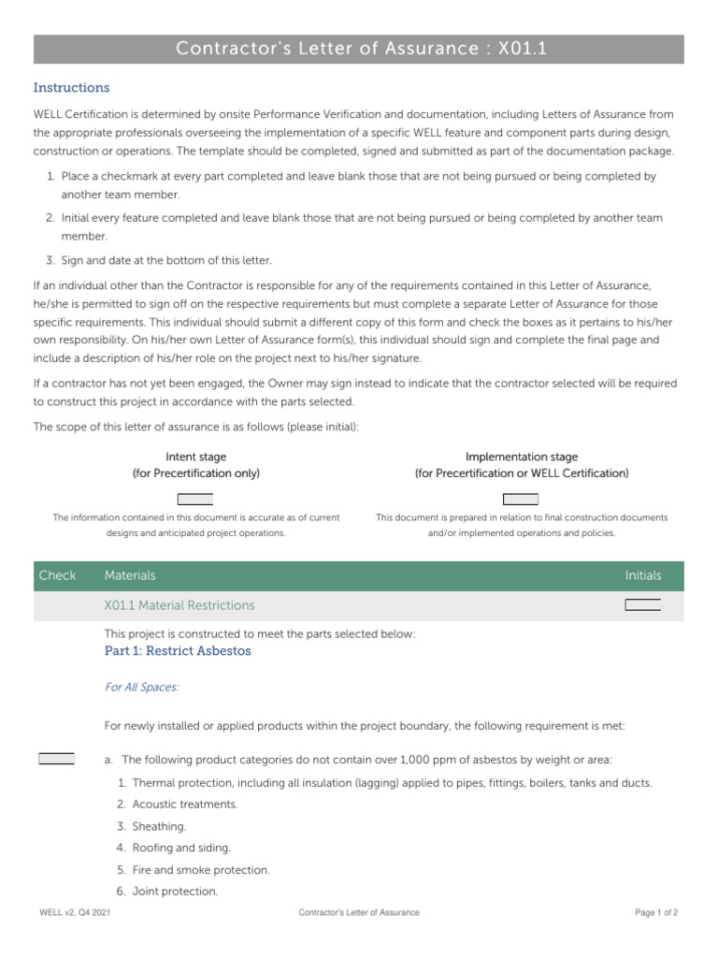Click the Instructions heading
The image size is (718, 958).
pos(71,88)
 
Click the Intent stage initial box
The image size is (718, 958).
pos(195,499)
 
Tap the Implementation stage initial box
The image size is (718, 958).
pos(521,499)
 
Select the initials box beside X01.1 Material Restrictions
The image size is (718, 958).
pos(642,605)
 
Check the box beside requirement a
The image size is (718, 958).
pos(56,759)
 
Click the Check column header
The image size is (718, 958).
pos(57,575)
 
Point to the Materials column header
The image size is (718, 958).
pos(130,575)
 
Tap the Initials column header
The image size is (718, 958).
pos(642,575)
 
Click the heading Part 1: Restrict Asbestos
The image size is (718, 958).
pos(178,650)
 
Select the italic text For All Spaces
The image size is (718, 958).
pos(141,688)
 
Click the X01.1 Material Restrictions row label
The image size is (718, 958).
pos(179,605)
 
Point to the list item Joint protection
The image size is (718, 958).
pos(175,892)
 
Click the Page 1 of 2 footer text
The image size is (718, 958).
pos(656,912)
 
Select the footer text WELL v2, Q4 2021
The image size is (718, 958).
pos(76,912)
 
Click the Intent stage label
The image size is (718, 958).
pos(195,457)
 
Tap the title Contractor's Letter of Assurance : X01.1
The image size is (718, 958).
pos(359,49)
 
